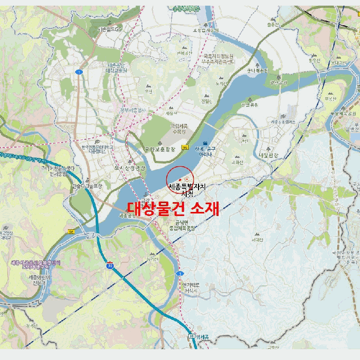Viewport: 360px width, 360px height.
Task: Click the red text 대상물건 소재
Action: point(173,208)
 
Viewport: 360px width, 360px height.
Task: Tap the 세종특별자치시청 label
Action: point(187,190)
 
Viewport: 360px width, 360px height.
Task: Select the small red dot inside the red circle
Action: point(173,179)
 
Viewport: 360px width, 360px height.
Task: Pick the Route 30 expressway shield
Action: point(110,265)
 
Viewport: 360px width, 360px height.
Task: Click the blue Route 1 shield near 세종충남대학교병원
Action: point(79,72)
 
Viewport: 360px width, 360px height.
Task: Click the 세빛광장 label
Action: point(268,155)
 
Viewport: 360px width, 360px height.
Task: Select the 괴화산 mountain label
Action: point(237,161)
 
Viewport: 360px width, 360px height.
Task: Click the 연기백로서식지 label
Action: point(190,287)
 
